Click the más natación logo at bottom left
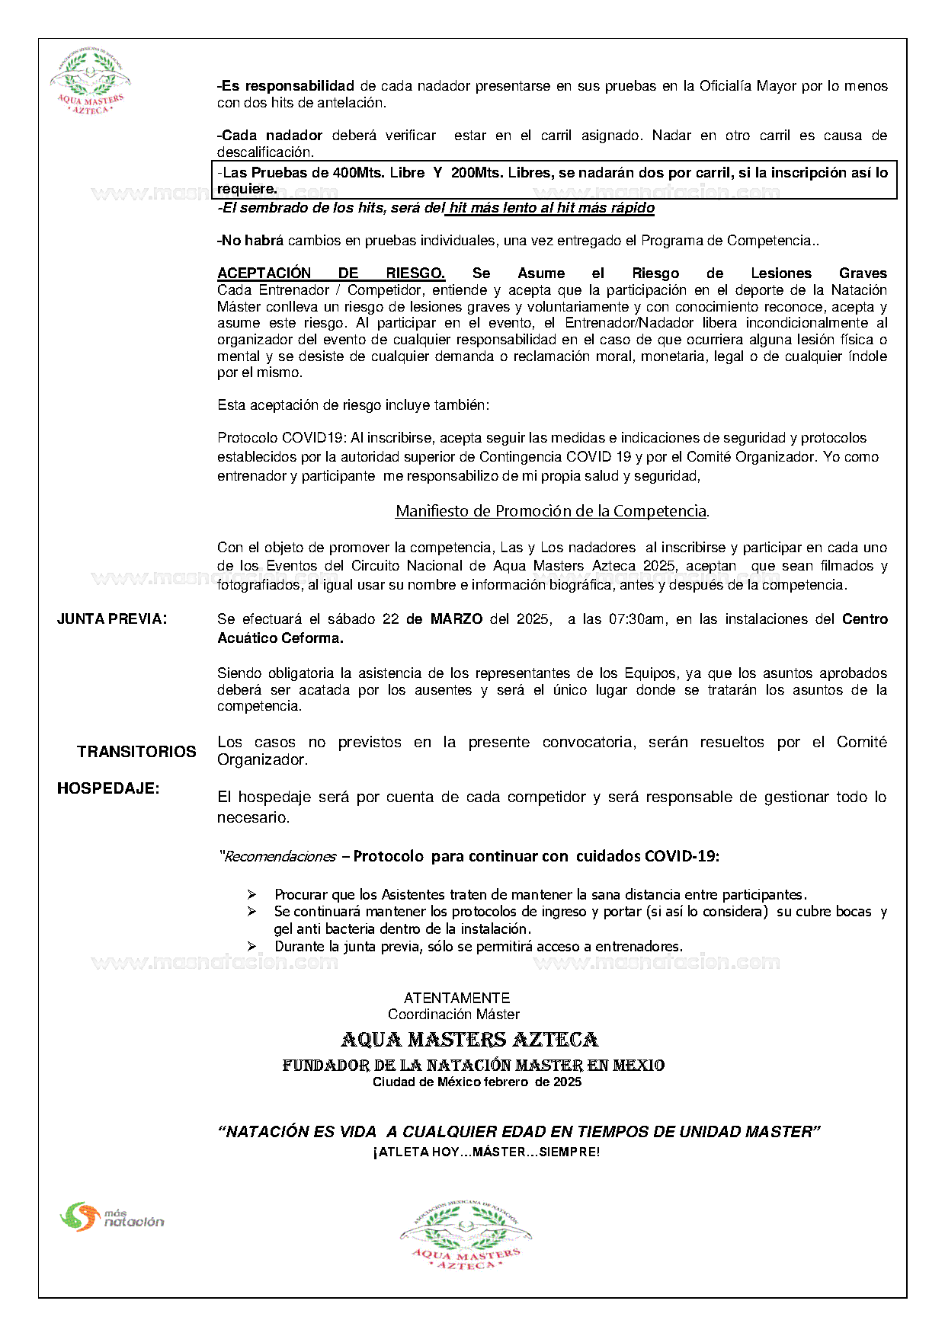pos(112,1216)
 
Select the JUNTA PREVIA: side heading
pos(112,619)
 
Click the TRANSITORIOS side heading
pos(136,752)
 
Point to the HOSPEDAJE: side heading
pos(108,788)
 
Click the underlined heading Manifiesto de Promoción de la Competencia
pos(551,511)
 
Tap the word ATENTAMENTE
pos(456,998)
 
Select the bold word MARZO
pos(456,619)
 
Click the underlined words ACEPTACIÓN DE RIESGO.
pos(331,273)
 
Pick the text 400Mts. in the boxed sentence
pos(360,173)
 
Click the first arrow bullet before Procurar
pos(252,894)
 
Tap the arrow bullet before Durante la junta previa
pos(252,946)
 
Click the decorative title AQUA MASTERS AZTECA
pos(469,1040)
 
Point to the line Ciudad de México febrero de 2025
pos(476,1082)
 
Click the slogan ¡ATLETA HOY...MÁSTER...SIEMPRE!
pos(486,1152)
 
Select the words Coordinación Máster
pos(453,1015)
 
